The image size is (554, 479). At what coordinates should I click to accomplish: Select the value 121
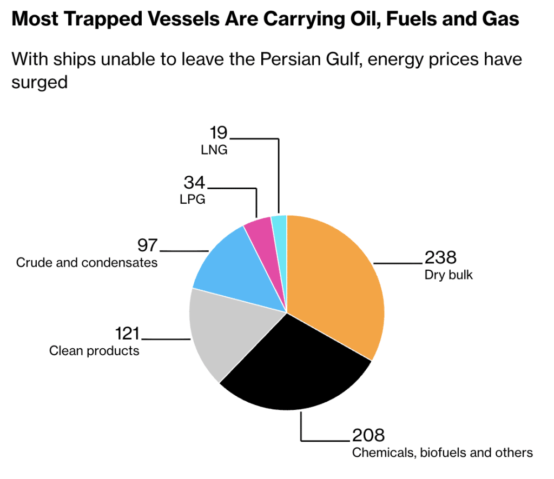(x=127, y=333)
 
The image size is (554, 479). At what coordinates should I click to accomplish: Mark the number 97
(x=147, y=245)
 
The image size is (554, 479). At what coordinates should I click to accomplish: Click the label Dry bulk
(x=449, y=275)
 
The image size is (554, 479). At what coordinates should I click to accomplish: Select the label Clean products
(x=94, y=351)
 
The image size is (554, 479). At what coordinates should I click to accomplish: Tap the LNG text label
(x=214, y=149)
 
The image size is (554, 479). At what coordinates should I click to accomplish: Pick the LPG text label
(x=192, y=199)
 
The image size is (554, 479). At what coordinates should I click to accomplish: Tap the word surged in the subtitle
(x=39, y=82)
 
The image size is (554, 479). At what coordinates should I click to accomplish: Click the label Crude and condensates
(x=87, y=263)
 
